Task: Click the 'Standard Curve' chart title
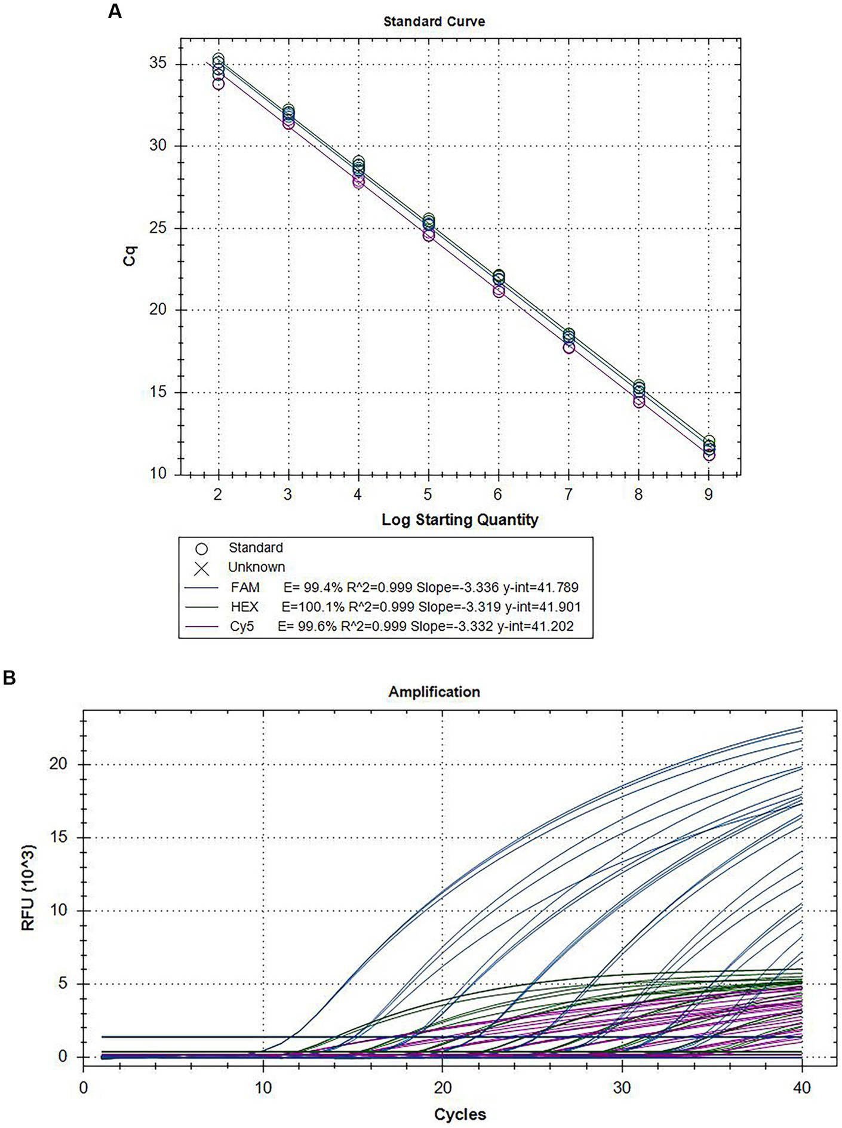[434, 21]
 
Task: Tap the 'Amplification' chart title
[434, 692]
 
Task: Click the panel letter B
[10, 678]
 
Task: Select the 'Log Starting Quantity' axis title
[460, 520]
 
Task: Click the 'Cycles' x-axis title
[460, 1114]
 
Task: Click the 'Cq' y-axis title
[130, 256]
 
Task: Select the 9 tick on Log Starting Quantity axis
[708, 494]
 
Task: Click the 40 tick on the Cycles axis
[801, 1087]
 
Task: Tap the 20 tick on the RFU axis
[60, 764]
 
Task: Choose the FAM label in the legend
[245, 587]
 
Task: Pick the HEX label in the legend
[245, 607]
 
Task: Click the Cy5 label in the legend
[242, 626]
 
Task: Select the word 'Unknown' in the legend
[257, 567]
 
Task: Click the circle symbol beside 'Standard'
[202, 548]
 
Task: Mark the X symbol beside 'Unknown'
[202, 568]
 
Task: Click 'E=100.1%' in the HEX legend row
[313, 607]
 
